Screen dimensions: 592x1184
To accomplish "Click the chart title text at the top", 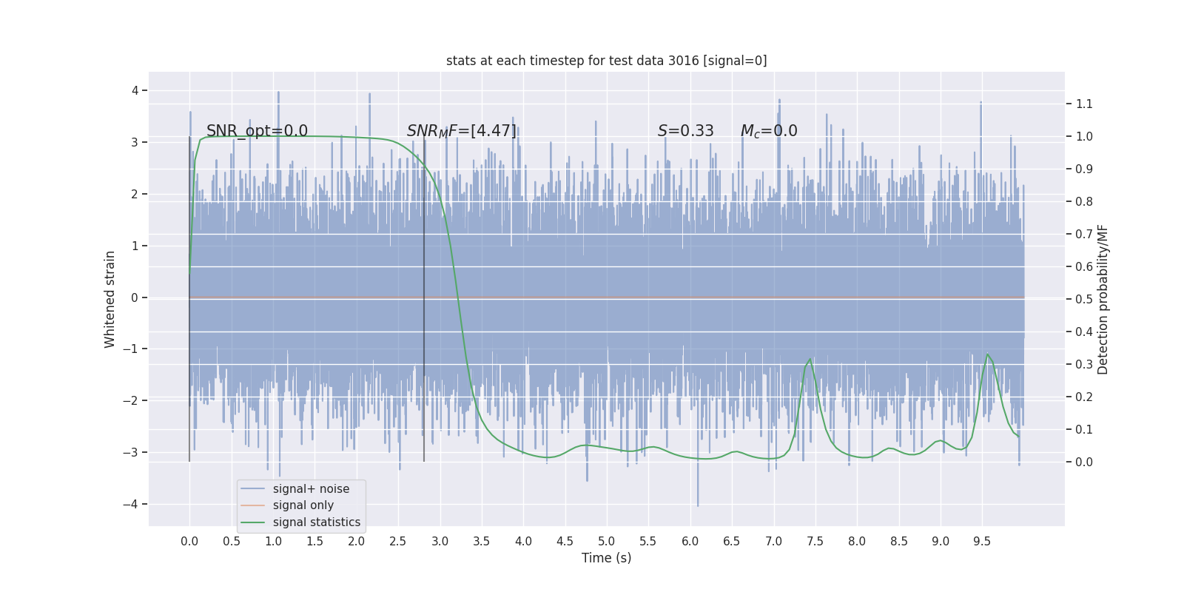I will tap(606, 61).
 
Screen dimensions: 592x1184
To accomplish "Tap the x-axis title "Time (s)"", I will tap(606, 558).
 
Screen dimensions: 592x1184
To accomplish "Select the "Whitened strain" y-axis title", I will tap(110, 299).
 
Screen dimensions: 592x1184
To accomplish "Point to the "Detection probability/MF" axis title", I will tap(1103, 299).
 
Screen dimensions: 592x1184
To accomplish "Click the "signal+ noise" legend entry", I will tap(311, 489).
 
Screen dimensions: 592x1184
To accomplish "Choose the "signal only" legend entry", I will tap(303, 505).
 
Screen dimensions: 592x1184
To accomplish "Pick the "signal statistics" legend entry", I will tap(316, 522).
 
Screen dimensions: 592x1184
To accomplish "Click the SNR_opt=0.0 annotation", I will tap(257, 131).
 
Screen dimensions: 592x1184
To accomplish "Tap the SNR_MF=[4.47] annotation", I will tap(462, 131).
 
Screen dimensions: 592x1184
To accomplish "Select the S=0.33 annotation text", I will tap(686, 131).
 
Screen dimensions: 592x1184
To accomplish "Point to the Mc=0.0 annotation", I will tap(769, 131).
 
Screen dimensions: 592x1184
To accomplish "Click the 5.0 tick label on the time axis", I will tap(606, 542).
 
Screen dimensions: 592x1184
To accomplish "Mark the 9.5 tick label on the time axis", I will tap(982, 542).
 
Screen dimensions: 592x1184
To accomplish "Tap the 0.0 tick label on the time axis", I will tap(189, 542).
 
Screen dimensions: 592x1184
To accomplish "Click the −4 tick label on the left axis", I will tap(134, 505).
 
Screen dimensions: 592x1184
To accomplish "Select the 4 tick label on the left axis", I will tap(135, 90).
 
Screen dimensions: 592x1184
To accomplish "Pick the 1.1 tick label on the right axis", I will tap(1084, 104).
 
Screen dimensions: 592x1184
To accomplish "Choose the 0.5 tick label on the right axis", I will tap(1084, 299).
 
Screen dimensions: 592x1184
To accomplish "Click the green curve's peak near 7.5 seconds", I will tap(810, 359).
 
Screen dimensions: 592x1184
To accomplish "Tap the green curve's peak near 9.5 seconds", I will tap(987, 354).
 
